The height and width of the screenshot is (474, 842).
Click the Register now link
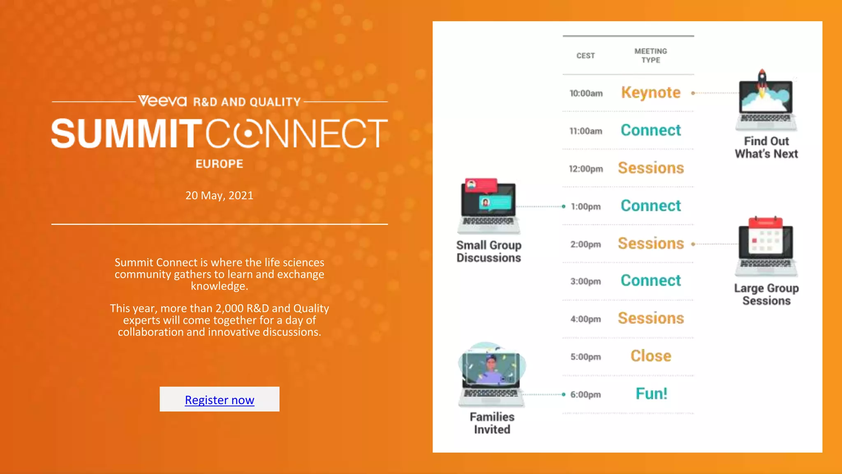pos(220,400)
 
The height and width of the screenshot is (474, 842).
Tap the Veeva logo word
pos(162,101)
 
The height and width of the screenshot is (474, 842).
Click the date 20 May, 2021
pos(219,195)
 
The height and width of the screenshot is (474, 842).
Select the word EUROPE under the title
pos(219,164)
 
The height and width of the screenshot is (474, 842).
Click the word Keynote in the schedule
pos(651,93)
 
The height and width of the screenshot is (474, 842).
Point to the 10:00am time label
pos(586,93)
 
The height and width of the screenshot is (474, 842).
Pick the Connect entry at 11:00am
pos(651,130)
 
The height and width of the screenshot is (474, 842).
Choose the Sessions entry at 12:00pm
pos(651,168)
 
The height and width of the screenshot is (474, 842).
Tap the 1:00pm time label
pos(585,207)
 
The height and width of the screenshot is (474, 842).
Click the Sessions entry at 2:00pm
pos(651,244)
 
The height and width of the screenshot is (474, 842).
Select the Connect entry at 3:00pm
pos(651,281)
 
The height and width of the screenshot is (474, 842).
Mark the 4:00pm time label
pos(585,319)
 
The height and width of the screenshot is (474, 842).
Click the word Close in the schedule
pos(651,356)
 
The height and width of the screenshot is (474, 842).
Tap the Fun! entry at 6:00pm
pos(651,394)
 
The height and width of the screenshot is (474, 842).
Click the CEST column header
pos(585,56)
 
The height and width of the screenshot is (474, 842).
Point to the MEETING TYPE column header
pos(650,56)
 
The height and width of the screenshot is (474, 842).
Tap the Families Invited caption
pos(492,423)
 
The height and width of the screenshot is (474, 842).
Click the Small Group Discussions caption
pos(489,251)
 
